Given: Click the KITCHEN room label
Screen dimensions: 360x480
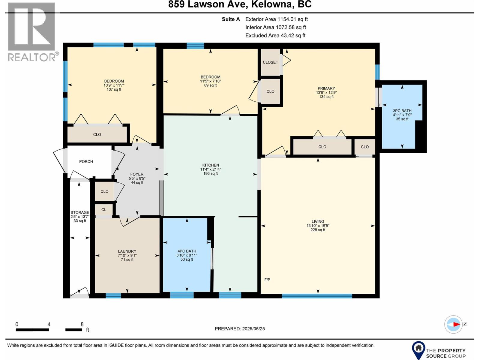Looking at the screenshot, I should (211, 165).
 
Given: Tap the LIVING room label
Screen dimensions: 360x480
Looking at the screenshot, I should (318, 221).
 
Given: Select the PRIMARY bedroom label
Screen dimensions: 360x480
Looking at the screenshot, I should (326, 88).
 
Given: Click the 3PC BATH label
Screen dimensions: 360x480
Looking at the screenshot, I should (402, 111).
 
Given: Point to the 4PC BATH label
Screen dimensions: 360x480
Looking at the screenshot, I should (187, 251).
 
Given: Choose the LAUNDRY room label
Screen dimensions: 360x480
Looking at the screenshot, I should (127, 251).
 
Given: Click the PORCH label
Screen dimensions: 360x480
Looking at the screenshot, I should (86, 161).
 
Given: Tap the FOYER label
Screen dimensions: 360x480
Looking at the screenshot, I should (137, 174).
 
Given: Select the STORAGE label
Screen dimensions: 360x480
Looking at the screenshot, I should (80, 212).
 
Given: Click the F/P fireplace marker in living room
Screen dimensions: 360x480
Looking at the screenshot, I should (267, 280).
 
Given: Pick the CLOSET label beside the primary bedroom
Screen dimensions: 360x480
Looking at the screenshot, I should (270, 62).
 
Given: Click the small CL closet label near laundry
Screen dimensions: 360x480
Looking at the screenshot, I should (104, 210).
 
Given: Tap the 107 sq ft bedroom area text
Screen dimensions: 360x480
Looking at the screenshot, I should (114, 89).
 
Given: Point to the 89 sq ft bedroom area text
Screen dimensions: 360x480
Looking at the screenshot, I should (210, 85).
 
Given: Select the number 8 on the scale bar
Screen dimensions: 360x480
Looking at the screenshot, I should (82, 324).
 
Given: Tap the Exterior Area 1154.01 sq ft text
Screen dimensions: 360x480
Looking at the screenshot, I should (276, 19).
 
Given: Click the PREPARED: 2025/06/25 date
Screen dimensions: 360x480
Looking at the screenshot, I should (240, 328).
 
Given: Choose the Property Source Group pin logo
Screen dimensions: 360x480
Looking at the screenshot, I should (418, 349).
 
